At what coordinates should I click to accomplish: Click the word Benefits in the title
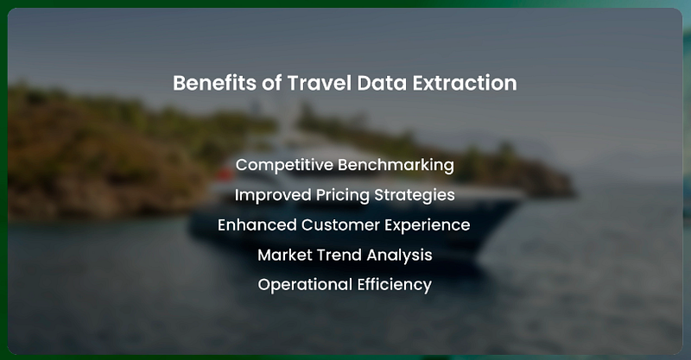[x=214, y=83]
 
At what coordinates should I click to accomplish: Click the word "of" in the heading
[x=271, y=83]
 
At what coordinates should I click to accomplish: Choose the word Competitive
[x=284, y=165]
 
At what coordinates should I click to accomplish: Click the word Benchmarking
[x=396, y=165]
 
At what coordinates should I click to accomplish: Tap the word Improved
[x=273, y=195]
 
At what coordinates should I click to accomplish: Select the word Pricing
[x=342, y=195]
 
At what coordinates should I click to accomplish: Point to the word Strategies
[x=415, y=195]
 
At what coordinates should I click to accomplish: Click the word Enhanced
[x=257, y=224]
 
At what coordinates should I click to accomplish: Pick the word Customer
[x=340, y=224]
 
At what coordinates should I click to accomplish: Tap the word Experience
[x=427, y=225]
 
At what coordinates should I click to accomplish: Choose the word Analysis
[x=399, y=256]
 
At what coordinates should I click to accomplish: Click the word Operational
[x=305, y=285]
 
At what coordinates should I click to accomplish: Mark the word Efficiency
[x=395, y=285]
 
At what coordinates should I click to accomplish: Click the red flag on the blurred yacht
[x=225, y=174]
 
